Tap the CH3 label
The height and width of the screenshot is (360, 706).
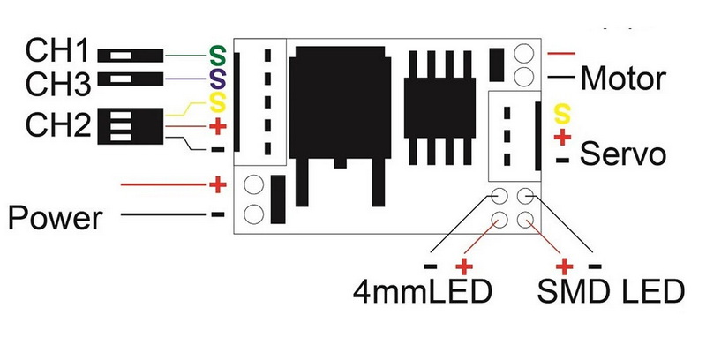click(58, 85)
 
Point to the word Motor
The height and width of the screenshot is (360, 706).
click(622, 79)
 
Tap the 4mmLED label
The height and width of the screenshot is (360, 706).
click(421, 292)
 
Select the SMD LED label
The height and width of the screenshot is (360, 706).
click(611, 292)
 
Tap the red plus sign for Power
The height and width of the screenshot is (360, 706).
click(217, 185)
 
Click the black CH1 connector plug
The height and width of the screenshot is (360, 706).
click(136, 55)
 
